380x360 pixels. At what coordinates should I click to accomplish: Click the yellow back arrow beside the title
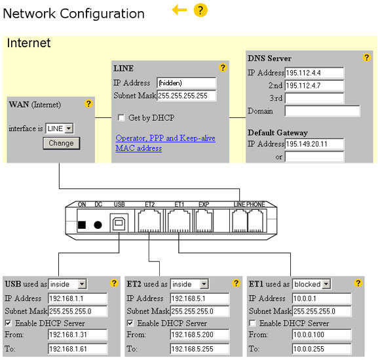(180, 10)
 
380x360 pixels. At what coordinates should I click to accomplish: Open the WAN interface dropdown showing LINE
(60, 129)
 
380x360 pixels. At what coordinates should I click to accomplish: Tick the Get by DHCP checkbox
(121, 117)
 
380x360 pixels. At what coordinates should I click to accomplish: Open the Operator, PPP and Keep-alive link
(165, 138)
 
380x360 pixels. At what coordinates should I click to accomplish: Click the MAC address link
(139, 148)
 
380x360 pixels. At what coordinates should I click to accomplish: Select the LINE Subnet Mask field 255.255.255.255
(186, 96)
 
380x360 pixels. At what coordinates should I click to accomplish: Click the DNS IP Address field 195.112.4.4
(314, 73)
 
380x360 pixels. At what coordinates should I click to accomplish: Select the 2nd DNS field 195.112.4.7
(314, 85)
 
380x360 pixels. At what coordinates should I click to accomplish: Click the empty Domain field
(322, 111)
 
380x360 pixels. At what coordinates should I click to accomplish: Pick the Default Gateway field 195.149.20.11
(314, 144)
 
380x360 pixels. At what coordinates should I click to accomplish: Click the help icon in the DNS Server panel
(366, 58)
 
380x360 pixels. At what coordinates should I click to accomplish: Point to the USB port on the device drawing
(119, 223)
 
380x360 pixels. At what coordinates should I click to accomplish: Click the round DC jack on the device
(98, 225)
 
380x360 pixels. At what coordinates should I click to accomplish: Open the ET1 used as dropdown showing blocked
(311, 284)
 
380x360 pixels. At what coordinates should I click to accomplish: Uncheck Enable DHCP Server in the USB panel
(9, 323)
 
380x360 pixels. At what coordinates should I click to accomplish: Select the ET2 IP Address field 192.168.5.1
(200, 298)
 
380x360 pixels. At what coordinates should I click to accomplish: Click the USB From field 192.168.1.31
(77, 335)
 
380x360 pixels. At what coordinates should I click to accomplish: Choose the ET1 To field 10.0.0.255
(322, 349)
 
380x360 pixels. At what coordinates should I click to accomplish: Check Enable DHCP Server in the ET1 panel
(252, 323)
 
